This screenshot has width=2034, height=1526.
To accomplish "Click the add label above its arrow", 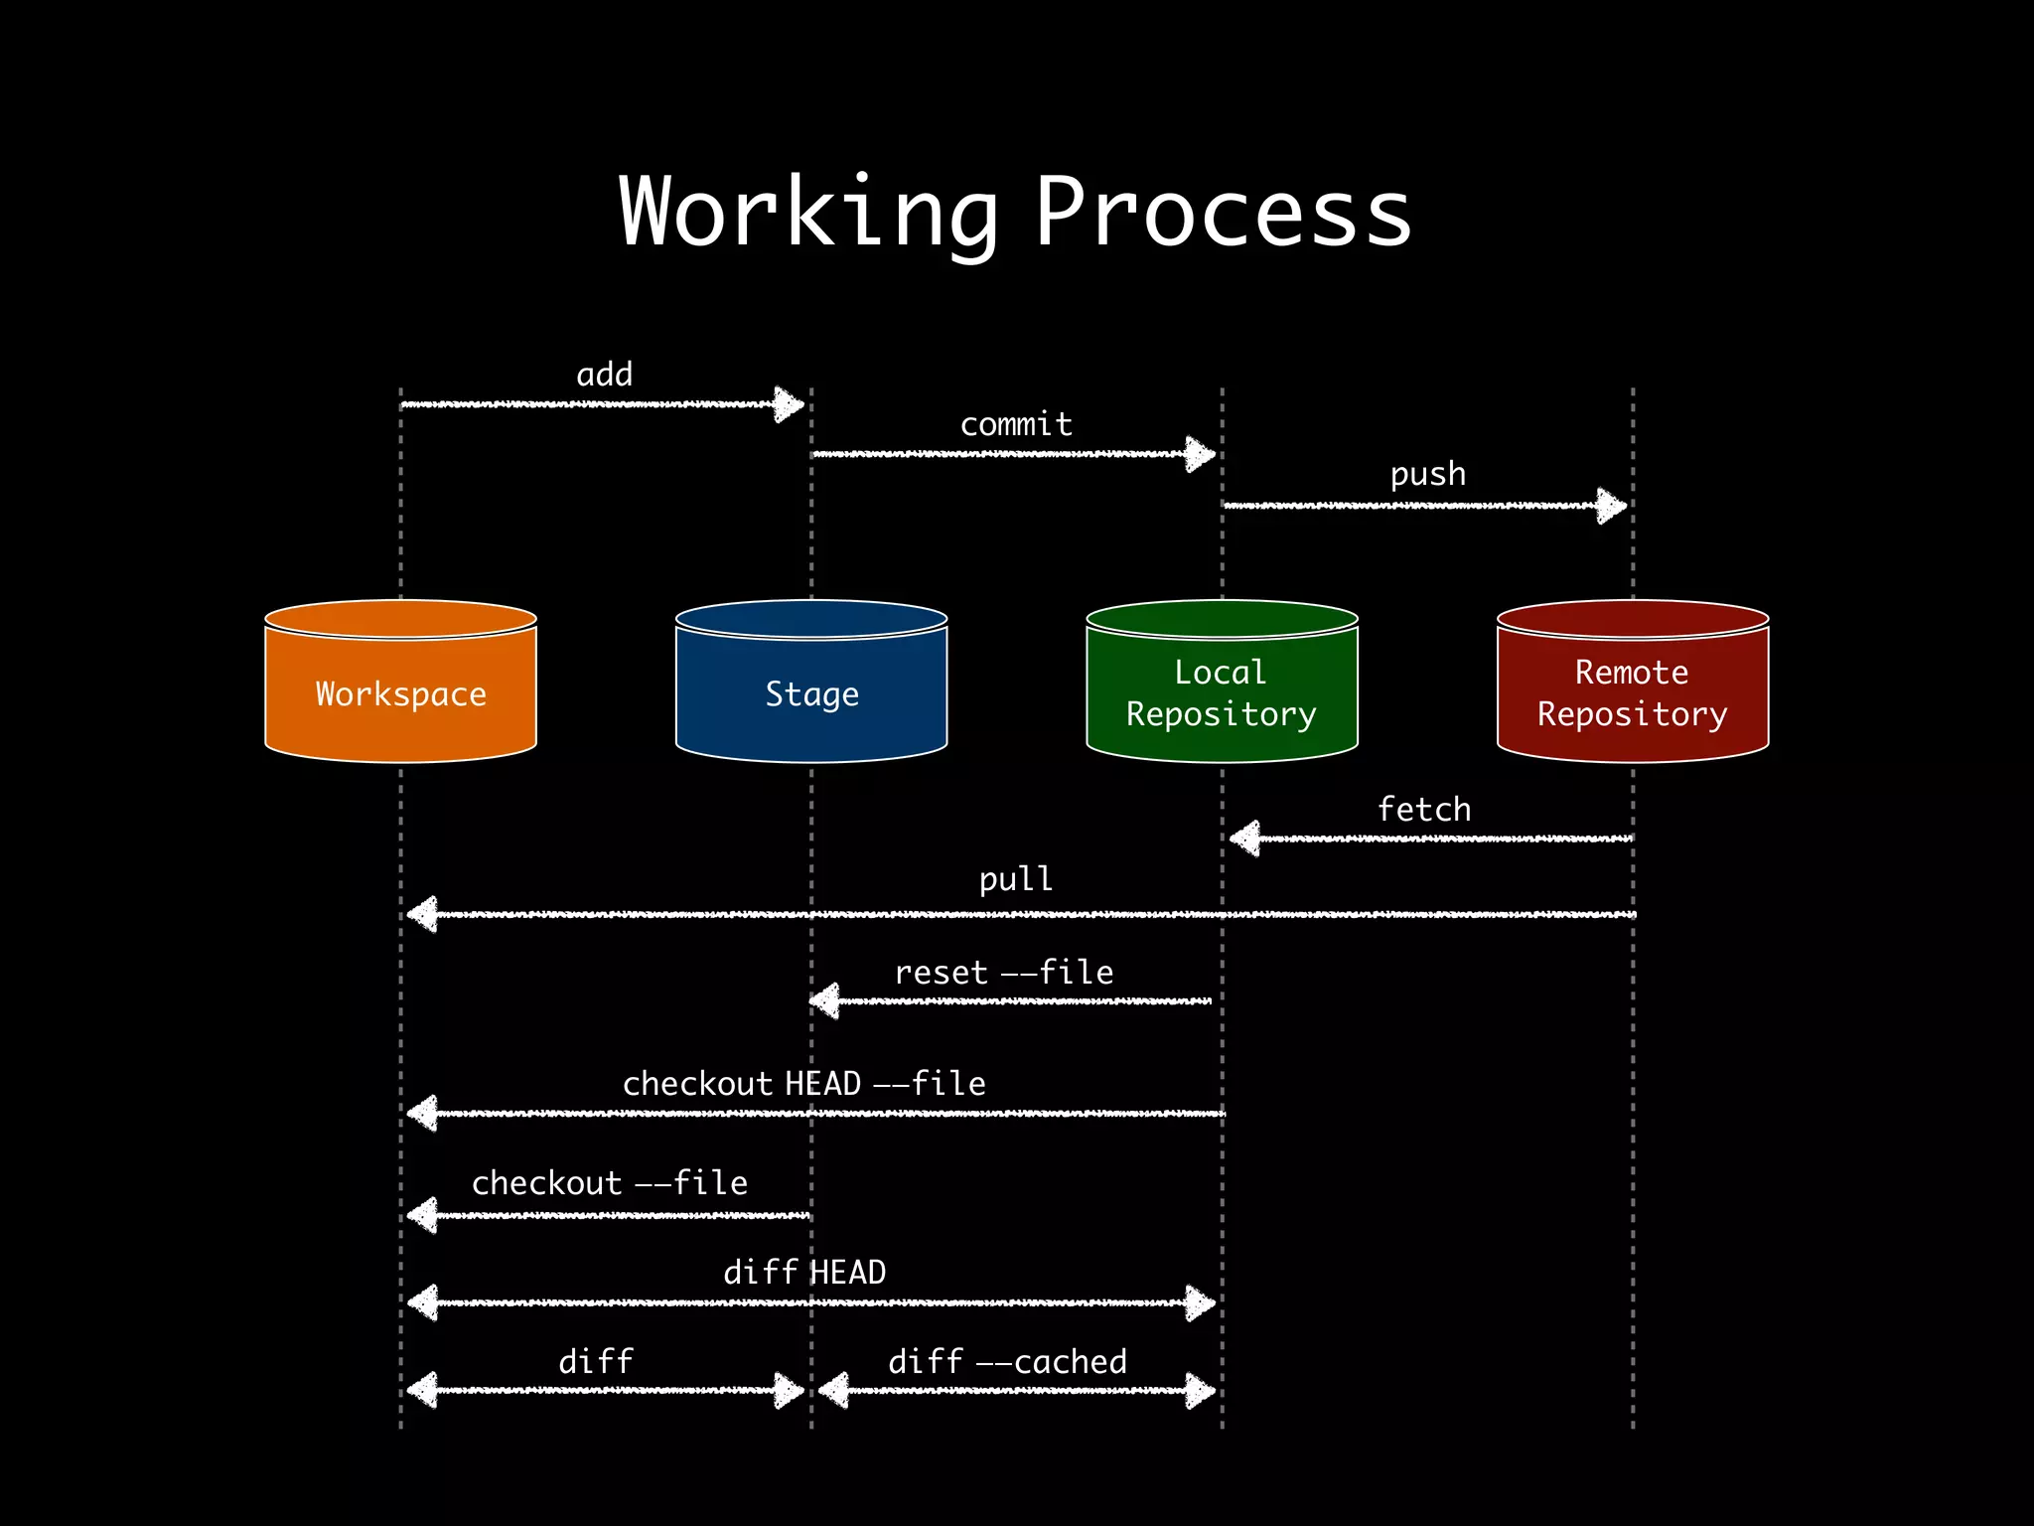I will [604, 375].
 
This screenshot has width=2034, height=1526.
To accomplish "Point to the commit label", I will [1016, 424].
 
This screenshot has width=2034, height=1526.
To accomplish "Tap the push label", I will [1427, 474].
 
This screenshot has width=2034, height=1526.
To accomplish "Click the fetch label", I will [1423, 809].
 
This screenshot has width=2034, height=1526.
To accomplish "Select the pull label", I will [1015, 879].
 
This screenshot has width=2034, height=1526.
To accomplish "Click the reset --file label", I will [1003, 972].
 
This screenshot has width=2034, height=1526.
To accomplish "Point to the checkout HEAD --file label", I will [803, 1083].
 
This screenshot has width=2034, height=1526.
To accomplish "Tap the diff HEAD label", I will [803, 1272].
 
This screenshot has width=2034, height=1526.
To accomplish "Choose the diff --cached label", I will [1007, 1361].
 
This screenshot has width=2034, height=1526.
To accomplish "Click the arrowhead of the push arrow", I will [1611, 506].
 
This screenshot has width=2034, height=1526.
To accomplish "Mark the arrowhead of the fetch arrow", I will [1245, 839].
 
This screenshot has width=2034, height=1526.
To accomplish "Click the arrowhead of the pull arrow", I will [423, 914].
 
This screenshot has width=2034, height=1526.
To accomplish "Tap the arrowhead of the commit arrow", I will [1200, 455].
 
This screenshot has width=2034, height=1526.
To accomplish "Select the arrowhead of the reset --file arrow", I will [825, 1000].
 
